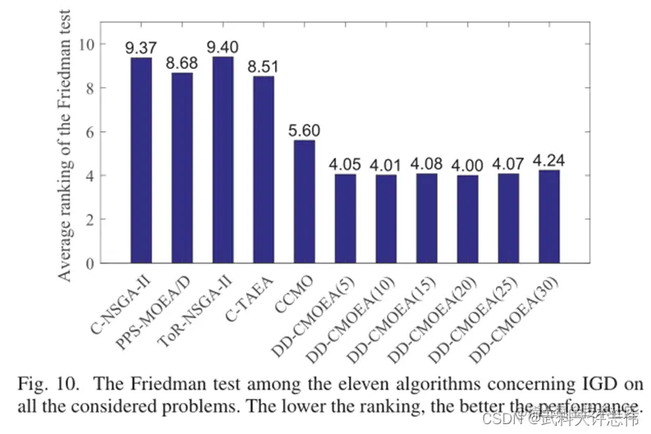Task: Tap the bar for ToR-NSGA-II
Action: tap(222, 159)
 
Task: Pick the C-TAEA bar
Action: tap(263, 169)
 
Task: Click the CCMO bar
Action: tap(304, 201)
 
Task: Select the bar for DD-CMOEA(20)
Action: tap(468, 218)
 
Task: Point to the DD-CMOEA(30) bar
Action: tap(550, 216)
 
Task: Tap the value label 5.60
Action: tap(304, 130)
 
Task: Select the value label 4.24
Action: tap(550, 160)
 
